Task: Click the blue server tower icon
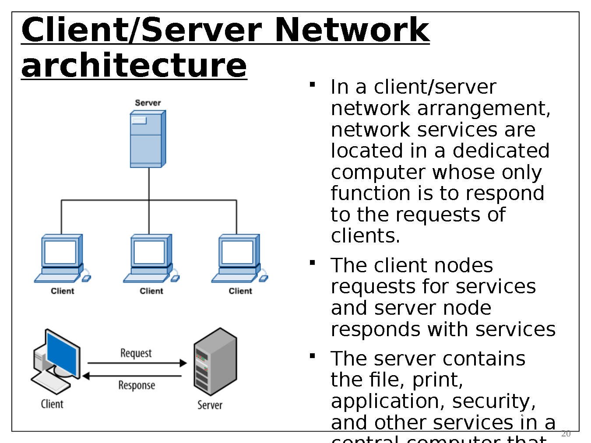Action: (148, 139)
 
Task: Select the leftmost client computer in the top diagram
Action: (62, 258)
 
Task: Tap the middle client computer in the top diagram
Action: (151, 258)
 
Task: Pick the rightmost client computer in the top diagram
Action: (239, 258)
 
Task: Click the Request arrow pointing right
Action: (137, 363)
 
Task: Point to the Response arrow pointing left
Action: (132, 376)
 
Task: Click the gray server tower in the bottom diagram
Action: (215, 362)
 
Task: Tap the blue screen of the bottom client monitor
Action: (63, 354)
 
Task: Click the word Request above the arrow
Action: (136, 353)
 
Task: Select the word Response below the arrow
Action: (137, 385)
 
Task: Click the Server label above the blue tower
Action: (148, 103)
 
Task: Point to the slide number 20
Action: (566, 433)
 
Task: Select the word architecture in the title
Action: (134, 66)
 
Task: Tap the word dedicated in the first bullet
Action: (501, 151)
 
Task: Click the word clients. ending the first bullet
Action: (366, 236)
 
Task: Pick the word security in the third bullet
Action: (493, 401)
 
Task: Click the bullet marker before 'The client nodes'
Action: (313, 263)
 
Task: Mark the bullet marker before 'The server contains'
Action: (313, 356)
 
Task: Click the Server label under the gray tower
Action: (210, 405)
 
